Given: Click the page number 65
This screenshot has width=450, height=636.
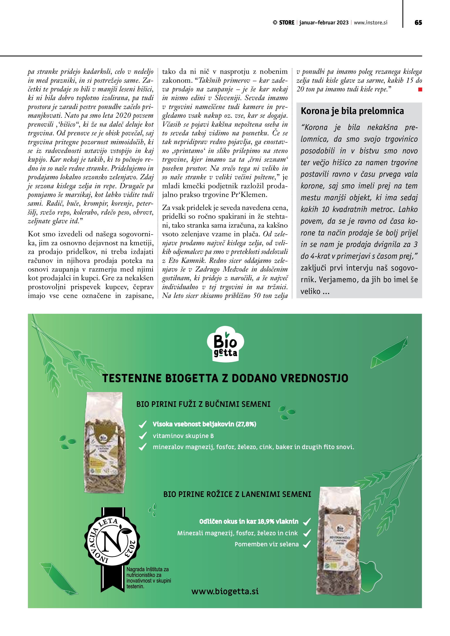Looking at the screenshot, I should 418,23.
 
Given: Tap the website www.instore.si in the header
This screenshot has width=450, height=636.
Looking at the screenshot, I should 371,23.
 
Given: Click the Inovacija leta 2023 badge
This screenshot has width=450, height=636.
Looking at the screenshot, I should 112,540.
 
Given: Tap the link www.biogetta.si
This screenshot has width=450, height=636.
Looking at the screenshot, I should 225,591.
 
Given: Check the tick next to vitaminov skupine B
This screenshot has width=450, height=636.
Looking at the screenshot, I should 142,436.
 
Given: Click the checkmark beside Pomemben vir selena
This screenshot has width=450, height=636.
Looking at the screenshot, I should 307,544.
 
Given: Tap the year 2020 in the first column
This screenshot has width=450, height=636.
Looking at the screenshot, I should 123,116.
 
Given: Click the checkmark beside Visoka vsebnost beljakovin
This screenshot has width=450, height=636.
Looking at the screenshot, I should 142,424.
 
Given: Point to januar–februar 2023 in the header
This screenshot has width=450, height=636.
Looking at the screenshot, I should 324,23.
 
